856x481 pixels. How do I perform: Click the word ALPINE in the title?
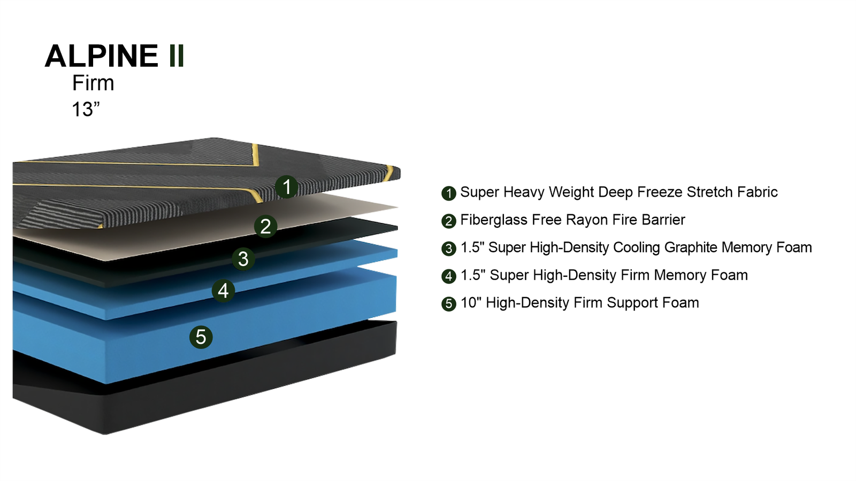pyautogui.click(x=101, y=56)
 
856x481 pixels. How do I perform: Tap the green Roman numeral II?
pyautogui.click(x=177, y=56)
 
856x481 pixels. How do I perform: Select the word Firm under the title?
pyautogui.click(x=93, y=83)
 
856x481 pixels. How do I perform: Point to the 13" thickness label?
pyautogui.click(x=86, y=109)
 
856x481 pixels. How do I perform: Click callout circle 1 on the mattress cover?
pyautogui.click(x=287, y=187)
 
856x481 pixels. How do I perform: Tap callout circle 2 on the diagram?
pyautogui.click(x=265, y=227)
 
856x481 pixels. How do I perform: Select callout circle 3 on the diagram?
pyautogui.click(x=243, y=259)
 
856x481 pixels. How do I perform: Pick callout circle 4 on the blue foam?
pyautogui.click(x=224, y=291)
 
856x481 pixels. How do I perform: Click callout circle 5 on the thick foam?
pyautogui.click(x=201, y=337)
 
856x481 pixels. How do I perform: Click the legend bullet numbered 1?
pyautogui.click(x=449, y=193)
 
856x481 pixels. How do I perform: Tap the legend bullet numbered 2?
pyautogui.click(x=449, y=221)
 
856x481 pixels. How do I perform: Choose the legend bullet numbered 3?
pyautogui.click(x=449, y=249)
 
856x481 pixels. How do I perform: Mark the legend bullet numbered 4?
pyautogui.click(x=449, y=276)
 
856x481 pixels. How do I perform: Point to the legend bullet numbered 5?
pyautogui.click(x=449, y=304)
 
